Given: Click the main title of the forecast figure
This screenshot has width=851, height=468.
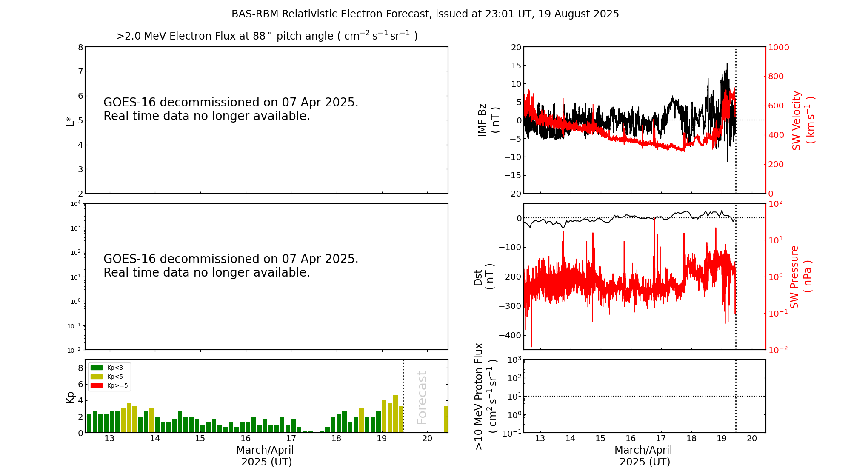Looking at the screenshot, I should coord(425,14).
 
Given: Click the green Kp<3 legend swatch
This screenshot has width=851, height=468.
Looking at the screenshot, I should coord(97,368).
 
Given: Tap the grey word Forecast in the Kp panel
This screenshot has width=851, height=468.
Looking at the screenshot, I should coord(422,397).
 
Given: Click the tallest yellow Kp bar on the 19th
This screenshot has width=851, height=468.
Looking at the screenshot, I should coord(395,414).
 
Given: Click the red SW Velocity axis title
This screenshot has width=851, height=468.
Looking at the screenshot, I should coord(802,120).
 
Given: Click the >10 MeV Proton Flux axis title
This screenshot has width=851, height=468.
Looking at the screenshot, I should coord(485,396).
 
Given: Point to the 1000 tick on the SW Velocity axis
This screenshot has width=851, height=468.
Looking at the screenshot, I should coord(779,47).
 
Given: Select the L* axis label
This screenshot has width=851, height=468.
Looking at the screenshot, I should coord(70,120).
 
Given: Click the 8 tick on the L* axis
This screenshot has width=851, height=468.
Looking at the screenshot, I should coord(80,47).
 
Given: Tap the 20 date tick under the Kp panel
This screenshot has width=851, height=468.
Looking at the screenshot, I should coord(427,439).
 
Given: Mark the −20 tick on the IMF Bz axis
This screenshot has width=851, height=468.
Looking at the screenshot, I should coord(512,194).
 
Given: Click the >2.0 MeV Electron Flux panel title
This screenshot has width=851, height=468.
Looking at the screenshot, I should coord(267,36).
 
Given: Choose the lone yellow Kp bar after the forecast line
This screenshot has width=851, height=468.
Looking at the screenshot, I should coord(446,419).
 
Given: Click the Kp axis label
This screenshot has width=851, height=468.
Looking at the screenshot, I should coord(70,397).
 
